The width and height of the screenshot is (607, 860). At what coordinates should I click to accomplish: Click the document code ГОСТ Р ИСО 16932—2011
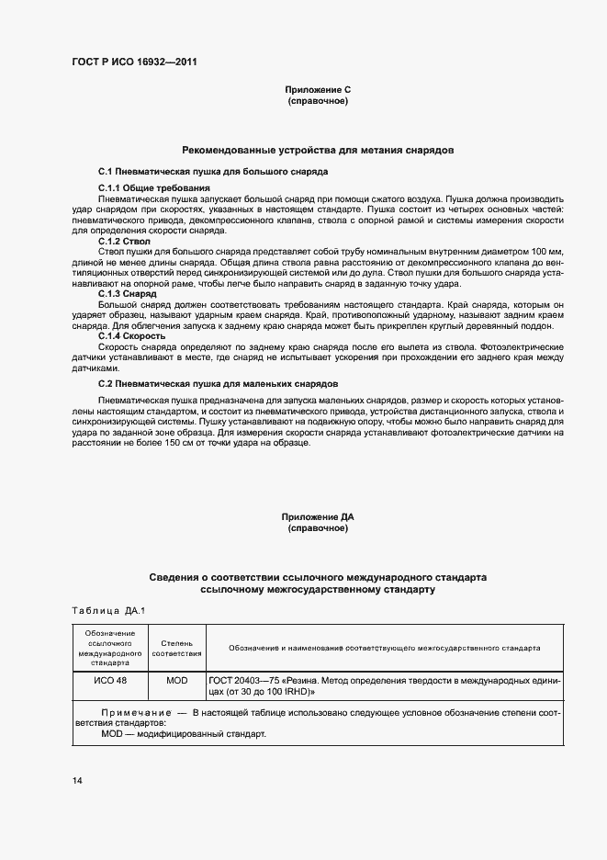pyautogui.click(x=133, y=62)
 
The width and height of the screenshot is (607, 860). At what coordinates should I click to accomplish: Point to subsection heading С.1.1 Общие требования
pyautogui.click(x=147, y=188)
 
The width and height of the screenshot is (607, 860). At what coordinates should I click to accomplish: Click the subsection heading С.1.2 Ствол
pyautogui.click(x=124, y=241)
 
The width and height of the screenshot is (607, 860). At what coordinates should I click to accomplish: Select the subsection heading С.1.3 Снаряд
pyautogui.click(x=127, y=293)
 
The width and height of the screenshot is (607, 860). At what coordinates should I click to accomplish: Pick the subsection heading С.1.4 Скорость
pyautogui.click(x=132, y=336)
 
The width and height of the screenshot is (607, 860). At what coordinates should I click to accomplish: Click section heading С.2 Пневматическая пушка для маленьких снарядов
pyautogui.click(x=219, y=381)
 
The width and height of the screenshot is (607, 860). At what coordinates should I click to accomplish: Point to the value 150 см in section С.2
pyautogui.click(x=173, y=443)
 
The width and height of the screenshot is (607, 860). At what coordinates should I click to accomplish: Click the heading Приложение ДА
pyautogui.click(x=318, y=518)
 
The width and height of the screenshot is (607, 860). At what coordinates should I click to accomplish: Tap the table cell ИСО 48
pyautogui.click(x=111, y=681)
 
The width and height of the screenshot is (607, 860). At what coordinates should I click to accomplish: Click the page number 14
pyautogui.click(x=78, y=781)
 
